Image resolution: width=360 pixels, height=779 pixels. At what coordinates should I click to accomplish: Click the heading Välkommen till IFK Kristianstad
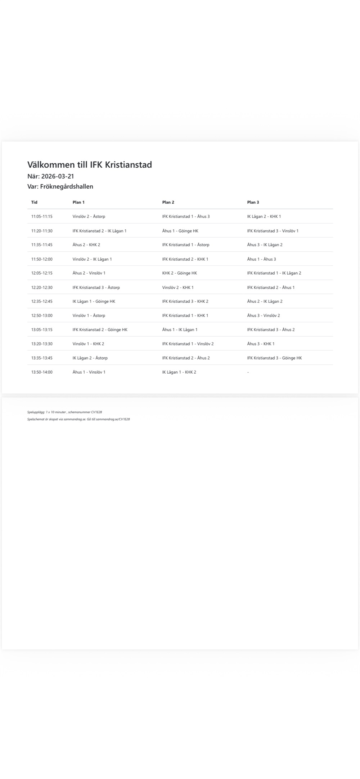coord(90,165)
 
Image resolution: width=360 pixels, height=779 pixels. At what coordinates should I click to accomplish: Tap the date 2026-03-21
coord(58,176)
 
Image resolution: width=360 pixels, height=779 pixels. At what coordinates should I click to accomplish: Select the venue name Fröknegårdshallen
coord(67,186)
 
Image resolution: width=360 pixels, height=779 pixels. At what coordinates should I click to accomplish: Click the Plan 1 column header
coord(78,202)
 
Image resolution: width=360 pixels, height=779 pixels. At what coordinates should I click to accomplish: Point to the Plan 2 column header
coord(168,202)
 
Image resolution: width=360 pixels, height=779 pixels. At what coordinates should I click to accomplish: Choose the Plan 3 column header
coord(253,202)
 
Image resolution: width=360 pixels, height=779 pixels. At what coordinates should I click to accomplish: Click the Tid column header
coord(34,202)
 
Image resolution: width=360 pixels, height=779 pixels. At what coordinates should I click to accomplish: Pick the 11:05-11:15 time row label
coord(42,216)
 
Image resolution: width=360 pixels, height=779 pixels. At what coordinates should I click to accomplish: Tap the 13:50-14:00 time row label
coord(42,372)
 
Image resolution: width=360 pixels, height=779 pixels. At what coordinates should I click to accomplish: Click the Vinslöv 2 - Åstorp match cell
coord(89,216)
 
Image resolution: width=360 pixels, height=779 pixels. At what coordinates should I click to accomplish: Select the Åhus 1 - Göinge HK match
coord(180,231)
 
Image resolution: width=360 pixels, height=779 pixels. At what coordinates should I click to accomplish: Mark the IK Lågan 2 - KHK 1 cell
coord(264,216)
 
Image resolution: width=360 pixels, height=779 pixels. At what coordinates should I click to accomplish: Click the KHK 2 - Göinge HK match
coord(179,273)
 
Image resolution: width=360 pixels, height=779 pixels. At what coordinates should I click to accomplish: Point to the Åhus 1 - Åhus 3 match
coord(261,259)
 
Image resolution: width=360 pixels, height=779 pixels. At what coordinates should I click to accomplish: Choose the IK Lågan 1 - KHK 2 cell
coord(179,372)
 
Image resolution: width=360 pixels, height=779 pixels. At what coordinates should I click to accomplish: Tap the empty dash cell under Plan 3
coord(248,372)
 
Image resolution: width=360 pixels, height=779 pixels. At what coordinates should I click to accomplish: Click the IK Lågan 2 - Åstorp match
coord(90,358)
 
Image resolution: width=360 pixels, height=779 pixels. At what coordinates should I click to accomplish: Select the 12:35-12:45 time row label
coord(42,301)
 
